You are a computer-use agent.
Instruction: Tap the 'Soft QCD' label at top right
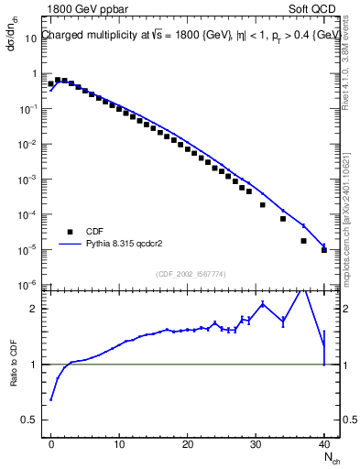[x=314, y=9]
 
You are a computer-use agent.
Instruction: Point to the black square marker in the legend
[x=69, y=232]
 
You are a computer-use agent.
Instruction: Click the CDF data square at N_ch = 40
[x=324, y=249]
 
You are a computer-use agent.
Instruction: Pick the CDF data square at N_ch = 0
[x=51, y=84]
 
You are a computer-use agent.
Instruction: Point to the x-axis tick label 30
[x=256, y=444]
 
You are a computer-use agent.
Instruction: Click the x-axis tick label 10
[x=119, y=444]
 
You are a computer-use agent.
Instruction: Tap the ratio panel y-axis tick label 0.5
[x=29, y=420]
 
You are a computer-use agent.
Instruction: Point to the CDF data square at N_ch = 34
[x=283, y=219]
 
